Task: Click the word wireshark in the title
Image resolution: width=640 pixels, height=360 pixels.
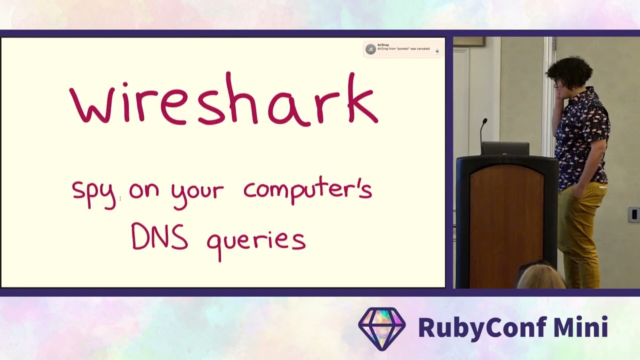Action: coord(223,99)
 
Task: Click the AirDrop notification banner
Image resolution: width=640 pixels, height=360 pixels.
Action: coord(403,49)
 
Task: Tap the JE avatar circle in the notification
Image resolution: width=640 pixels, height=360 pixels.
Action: coord(370,49)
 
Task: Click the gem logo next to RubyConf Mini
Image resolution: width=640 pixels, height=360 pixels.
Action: coord(382,328)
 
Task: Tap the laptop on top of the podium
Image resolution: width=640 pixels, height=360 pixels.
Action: coord(505,148)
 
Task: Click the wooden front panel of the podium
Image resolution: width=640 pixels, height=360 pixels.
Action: coord(506,225)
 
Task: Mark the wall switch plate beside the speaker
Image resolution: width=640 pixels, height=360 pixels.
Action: coord(633,214)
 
